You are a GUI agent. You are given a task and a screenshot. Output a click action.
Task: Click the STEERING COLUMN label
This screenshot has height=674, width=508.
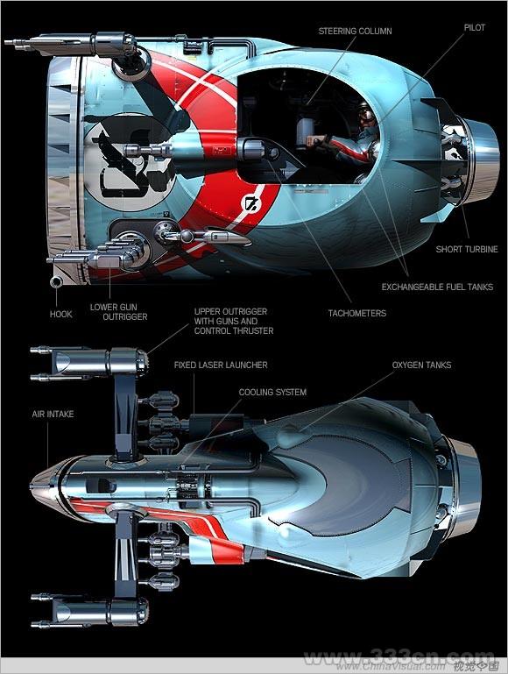point(355,31)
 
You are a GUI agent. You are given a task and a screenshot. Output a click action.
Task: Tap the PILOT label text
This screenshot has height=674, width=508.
point(475,27)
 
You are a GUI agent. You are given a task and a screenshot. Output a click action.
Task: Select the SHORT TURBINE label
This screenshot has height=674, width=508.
point(467,249)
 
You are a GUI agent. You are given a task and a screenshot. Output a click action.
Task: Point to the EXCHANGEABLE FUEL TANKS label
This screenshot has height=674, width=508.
point(437,287)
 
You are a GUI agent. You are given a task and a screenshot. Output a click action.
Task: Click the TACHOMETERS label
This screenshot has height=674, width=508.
point(357,313)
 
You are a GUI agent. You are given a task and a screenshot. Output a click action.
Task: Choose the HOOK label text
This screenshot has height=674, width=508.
point(61,314)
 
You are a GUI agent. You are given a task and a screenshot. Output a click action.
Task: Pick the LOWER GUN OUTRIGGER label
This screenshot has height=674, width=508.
point(118,312)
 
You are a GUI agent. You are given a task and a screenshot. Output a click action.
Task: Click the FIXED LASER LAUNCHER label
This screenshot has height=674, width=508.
point(221,365)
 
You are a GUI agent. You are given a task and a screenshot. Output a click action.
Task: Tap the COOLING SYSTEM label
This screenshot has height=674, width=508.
point(272,392)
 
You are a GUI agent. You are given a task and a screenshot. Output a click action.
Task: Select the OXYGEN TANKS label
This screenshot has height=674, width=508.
point(421,365)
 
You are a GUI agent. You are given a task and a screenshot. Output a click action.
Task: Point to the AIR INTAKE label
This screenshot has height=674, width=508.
point(53,414)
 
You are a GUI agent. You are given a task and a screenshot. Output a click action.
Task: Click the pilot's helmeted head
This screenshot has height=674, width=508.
point(366,114)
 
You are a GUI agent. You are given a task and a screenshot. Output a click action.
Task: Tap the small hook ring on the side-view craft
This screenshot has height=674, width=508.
point(56,282)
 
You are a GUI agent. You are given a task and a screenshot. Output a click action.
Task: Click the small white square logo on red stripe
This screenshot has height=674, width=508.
point(250,203)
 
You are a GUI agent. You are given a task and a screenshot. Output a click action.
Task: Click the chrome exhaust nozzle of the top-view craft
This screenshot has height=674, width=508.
point(464,486)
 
